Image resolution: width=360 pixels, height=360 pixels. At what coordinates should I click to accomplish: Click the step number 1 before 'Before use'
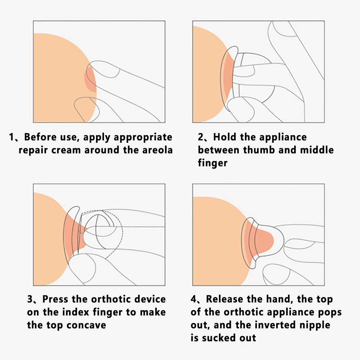[12, 137]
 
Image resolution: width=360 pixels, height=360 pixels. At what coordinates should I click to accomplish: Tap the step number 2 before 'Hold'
[201, 137]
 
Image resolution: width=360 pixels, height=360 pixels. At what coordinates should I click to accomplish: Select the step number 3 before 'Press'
[30, 299]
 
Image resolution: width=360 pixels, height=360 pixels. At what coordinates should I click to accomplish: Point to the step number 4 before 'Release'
[193, 299]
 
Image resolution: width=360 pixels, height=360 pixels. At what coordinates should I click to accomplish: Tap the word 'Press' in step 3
[56, 299]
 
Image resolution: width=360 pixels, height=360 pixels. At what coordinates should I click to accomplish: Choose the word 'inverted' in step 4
[276, 325]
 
